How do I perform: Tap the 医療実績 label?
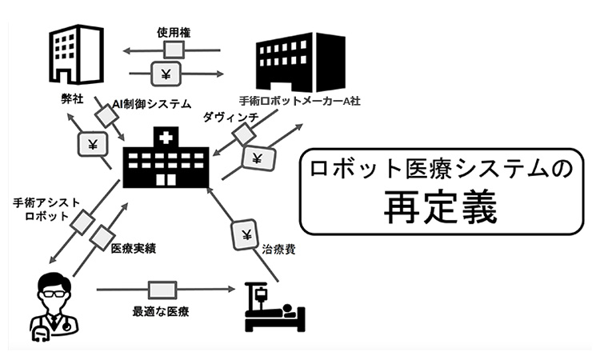click(134, 249)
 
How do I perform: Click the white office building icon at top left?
click(76, 54)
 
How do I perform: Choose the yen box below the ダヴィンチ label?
click(257, 158)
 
